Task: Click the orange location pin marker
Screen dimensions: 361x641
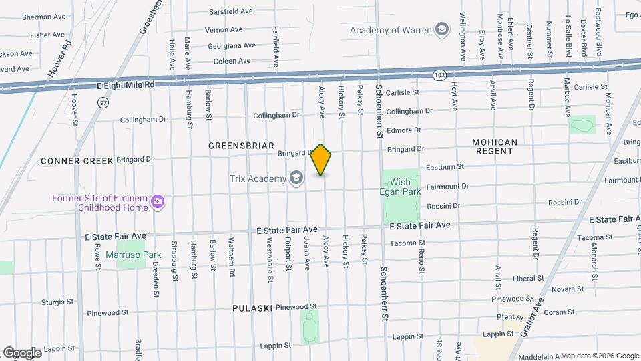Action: tap(321, 160)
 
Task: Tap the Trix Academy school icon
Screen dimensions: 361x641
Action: tap(296, 178)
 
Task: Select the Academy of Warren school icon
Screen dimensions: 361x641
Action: tap(441, 29)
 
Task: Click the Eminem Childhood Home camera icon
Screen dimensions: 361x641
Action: tap(158, 202)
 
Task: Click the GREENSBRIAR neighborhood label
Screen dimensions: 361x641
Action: tap(241, 145)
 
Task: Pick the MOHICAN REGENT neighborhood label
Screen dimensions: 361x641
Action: tap(494, 147)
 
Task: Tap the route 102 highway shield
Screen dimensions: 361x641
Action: tap(438, 75)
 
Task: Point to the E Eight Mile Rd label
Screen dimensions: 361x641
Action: tap(126, 85)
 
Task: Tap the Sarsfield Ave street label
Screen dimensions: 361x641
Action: tap(230, 11)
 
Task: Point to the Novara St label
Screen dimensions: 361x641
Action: tap(568, 288)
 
